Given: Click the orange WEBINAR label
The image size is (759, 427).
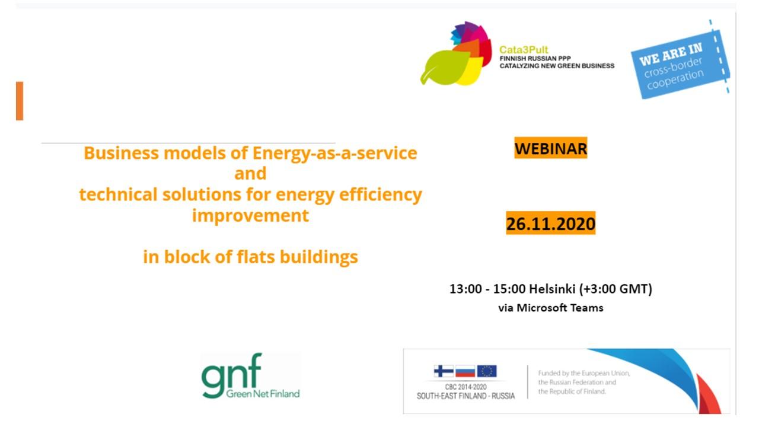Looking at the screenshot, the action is pyautogui.click(x=551, y=148).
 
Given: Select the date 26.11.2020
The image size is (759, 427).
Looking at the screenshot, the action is pyautogui.click(x=551, y=223).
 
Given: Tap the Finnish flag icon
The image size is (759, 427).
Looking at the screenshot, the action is pyautogui.click(x=444, y=371).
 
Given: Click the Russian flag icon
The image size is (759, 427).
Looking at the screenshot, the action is pyautogui.click(x=465, y=371).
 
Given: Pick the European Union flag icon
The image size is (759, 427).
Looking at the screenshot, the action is pyautogui.click(x=487, y=371).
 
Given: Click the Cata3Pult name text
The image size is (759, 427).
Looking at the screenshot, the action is pyautogui.click(x=524, y=50).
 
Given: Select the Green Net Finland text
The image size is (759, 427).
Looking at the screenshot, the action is pyautogui.click(x=263, y=393).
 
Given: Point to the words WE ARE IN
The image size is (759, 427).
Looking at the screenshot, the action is pyautogui.click(x=671, y=54).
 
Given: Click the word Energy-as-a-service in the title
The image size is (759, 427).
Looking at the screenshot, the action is pyautogui.click(x=335, y=153).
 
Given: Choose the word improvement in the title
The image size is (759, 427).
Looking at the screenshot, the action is pyautogui.click(x=250, y=215).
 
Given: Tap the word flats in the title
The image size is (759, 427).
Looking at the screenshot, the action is pyautogui.click(x=256, y=257).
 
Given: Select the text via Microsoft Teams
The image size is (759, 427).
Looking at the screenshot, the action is pyautogui.click(x=551, y=308).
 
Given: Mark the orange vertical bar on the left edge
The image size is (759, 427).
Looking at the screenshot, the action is pyautogui.click(x=20, y=101).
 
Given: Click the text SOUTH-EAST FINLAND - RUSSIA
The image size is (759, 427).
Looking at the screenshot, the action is pyautogui.click(x=465, y=396).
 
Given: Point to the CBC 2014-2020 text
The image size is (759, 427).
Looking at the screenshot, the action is pyautogui.click(x=465, y=387).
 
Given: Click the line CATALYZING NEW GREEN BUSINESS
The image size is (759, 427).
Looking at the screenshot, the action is pyautogui.click(x=557, y=66).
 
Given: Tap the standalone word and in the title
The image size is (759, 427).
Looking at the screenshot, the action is pyautogui.click(x=250, y=174).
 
